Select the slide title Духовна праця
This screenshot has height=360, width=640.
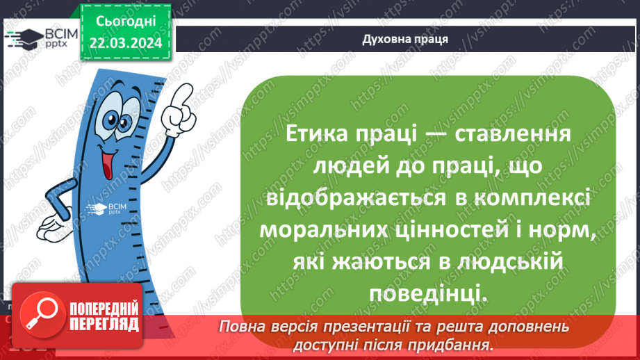[x=405, y=39]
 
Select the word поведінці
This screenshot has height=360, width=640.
[x=426, y=294]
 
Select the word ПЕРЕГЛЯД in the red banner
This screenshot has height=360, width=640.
[x=104, y=324]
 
